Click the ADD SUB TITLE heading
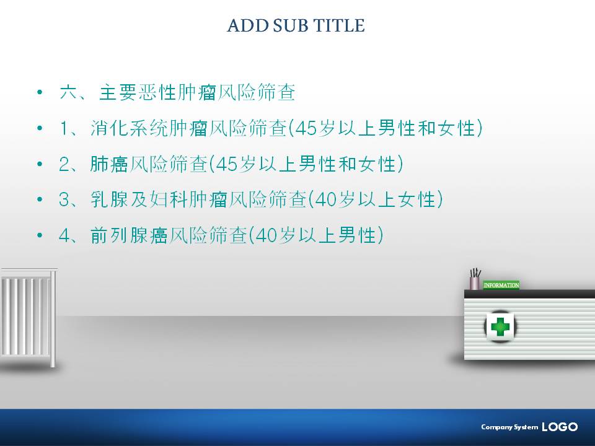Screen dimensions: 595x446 point(296,25)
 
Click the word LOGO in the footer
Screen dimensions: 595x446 point(560,427)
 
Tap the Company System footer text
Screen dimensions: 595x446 point(509,427)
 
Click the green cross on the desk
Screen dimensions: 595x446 point(500,326)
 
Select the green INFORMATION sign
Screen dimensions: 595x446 point(501,285)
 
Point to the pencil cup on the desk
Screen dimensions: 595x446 point(475,279)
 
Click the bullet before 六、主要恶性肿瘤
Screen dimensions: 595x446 point(40,92)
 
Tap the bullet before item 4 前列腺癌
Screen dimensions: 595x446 point(40,235)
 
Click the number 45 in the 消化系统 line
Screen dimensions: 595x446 point(306,129)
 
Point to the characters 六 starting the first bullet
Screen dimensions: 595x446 point(69,92)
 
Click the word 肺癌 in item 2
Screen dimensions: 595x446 point(109,164)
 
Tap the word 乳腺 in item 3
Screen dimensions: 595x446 point(109,199)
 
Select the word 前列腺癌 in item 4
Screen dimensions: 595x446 point(129,235)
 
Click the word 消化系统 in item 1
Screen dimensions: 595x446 point(129,128)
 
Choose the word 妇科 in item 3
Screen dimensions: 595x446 point(169,199)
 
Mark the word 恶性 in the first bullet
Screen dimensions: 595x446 point(157,92)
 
